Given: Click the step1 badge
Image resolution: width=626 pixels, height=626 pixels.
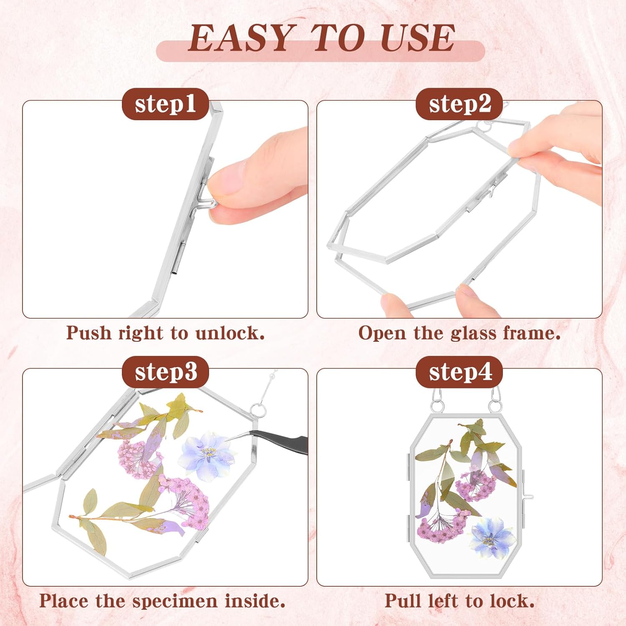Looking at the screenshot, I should click(165, 104).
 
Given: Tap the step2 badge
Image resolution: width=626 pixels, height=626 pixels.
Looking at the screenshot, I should click(459, 104).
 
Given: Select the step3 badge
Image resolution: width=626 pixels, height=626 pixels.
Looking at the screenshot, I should click(165, 372).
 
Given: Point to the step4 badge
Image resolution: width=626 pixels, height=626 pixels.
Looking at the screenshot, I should click(459, 372).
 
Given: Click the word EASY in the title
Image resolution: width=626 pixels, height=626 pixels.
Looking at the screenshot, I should click(242, 38).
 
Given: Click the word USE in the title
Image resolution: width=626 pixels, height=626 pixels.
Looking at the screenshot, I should click(417, 38).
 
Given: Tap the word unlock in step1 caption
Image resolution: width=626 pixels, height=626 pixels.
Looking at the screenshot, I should click(230, 333).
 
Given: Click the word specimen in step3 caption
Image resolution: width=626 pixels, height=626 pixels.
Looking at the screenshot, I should click(175, 601).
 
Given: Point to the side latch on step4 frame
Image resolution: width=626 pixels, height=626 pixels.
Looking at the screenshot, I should click(527, 497).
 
